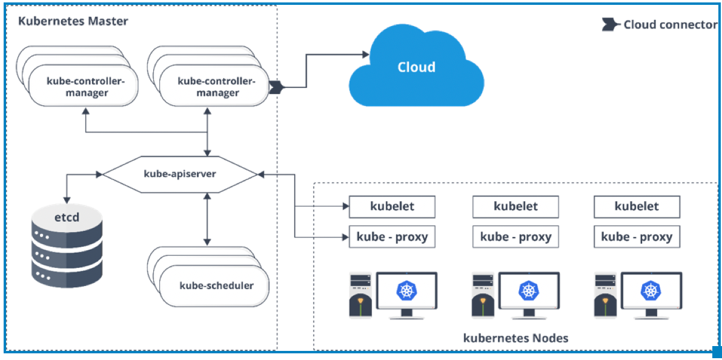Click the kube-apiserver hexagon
[180, 175]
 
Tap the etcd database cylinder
[67, 245]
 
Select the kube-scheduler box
[216, 285]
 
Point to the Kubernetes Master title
[73, 22]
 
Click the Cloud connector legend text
[670, 25]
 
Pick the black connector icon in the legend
[609, 25]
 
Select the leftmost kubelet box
[392, 206]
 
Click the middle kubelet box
[515, 206]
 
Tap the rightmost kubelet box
[637, 206]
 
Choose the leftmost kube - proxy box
[392, 236]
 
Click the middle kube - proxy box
[515, 236]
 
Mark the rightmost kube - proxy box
[637, 236]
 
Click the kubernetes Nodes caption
[515, 338]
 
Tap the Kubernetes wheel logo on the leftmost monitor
[406, 290]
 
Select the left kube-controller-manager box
[85, 87]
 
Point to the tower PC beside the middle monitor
[482, 295]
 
